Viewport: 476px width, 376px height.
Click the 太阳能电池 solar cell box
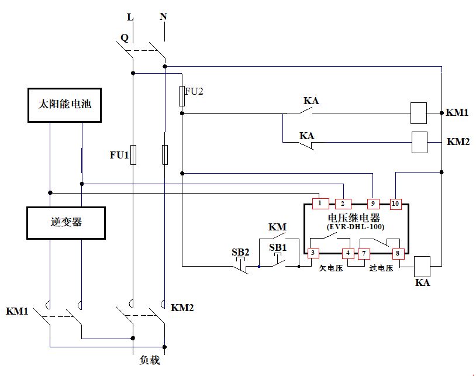click(x=66, y=105)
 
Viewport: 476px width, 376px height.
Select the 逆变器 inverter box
click(x=66, y=223)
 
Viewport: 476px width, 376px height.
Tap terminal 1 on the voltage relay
click(x=320, y=203)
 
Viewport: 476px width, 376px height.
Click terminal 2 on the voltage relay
click(x=343, y=203)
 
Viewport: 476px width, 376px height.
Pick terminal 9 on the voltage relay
click(x=373, y=203)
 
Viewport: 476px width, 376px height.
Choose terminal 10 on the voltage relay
click(x=396, y=203)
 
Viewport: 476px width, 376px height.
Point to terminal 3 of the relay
click(x=313, y=253)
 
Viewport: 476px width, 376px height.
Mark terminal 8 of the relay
click(x=398, y=253)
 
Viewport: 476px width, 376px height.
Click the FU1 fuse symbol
click(x=133, y=155)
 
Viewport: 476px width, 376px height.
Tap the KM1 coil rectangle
click(x=418, y=113)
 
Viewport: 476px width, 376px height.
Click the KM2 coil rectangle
click(x=420, y=142)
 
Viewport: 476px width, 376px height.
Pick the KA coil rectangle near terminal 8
click(x=422, y=266)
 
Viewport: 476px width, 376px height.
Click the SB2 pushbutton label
click(x=240, y=252)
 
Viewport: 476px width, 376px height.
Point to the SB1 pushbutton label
click(x=278, y=247)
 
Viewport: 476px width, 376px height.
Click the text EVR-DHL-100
click(x=354, y=226)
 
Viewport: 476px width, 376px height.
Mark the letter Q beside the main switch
click(x=124, y=38)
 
